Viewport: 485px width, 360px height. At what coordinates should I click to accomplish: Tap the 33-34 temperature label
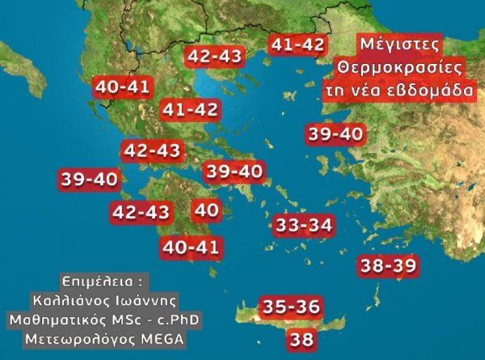pos(303,225)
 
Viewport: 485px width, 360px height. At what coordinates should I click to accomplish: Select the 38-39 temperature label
pos(388,265)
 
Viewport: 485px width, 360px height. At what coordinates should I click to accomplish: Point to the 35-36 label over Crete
pos(292,308)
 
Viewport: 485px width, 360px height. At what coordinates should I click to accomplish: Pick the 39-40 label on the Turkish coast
pos(335,133)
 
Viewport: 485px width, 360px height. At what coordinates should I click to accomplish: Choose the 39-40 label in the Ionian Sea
pos(89,180)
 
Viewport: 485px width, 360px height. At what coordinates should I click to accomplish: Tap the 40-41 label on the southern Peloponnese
pos(191,247)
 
